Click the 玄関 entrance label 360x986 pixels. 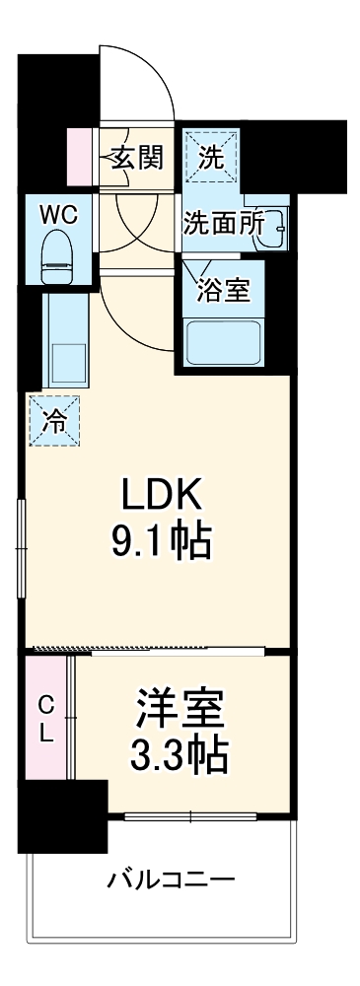click(136, 156)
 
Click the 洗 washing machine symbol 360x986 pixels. click(211, 155)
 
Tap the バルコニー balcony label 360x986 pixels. click(170, 878)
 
